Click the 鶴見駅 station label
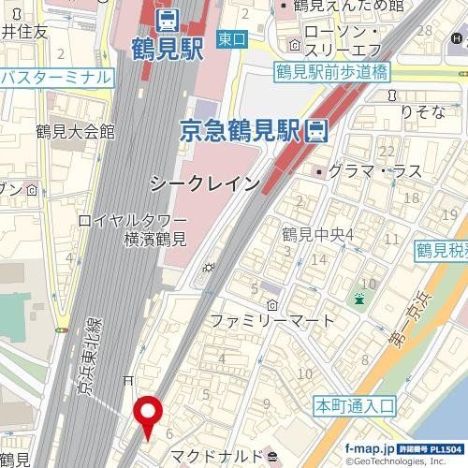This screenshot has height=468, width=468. [x=168, y=47]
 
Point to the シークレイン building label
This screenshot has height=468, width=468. [x=203, y=184]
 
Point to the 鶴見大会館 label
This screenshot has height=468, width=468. [x=74, y=130]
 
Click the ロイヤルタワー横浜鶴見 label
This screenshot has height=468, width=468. [x=135, y=231]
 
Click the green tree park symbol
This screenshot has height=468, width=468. [x=359, y=299]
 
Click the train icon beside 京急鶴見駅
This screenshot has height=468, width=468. [x=317, y=131]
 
